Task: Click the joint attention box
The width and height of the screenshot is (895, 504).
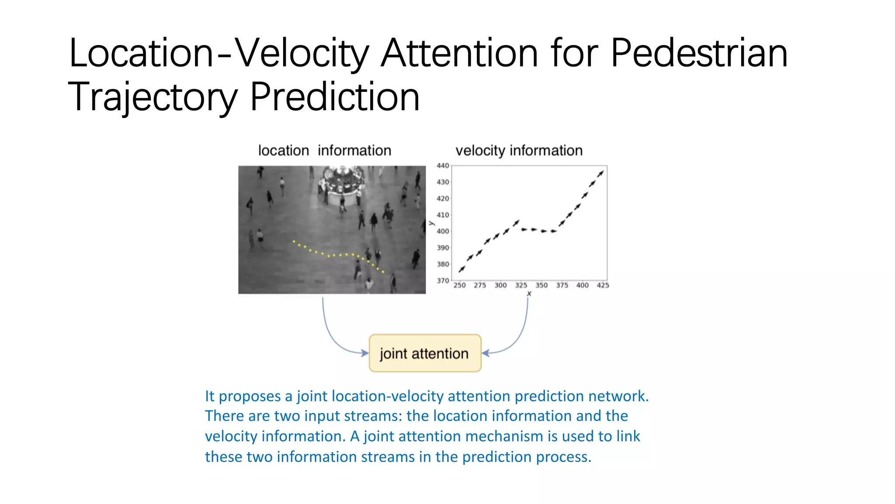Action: tap(425, 353)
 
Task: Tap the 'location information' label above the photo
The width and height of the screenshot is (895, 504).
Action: tap(324, 150)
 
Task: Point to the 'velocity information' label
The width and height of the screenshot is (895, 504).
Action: tap(519, 150)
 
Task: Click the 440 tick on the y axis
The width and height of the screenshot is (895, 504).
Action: tap(443, 165)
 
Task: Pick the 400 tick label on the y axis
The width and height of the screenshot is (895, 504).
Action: tap(443, 231)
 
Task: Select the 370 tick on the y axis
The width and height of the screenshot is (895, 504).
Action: tap(443, 280)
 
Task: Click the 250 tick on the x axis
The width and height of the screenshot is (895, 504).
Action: tap(459, 285)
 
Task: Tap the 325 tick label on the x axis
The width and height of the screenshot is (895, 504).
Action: tap(521, 285)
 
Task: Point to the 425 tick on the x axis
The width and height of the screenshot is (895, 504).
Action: tap(603, 285)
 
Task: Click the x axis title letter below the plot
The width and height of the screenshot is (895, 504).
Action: tap(529, 294)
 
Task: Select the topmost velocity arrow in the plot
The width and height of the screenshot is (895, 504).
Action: tap(601, 173)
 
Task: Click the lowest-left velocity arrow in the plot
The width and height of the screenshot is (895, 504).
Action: tap(461, 269)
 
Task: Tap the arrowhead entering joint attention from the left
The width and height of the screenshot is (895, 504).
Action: tap(365, 353)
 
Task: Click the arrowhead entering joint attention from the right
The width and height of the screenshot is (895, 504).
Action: tap(485, 353)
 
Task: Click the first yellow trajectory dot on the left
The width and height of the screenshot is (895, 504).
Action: tap(294, 241)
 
